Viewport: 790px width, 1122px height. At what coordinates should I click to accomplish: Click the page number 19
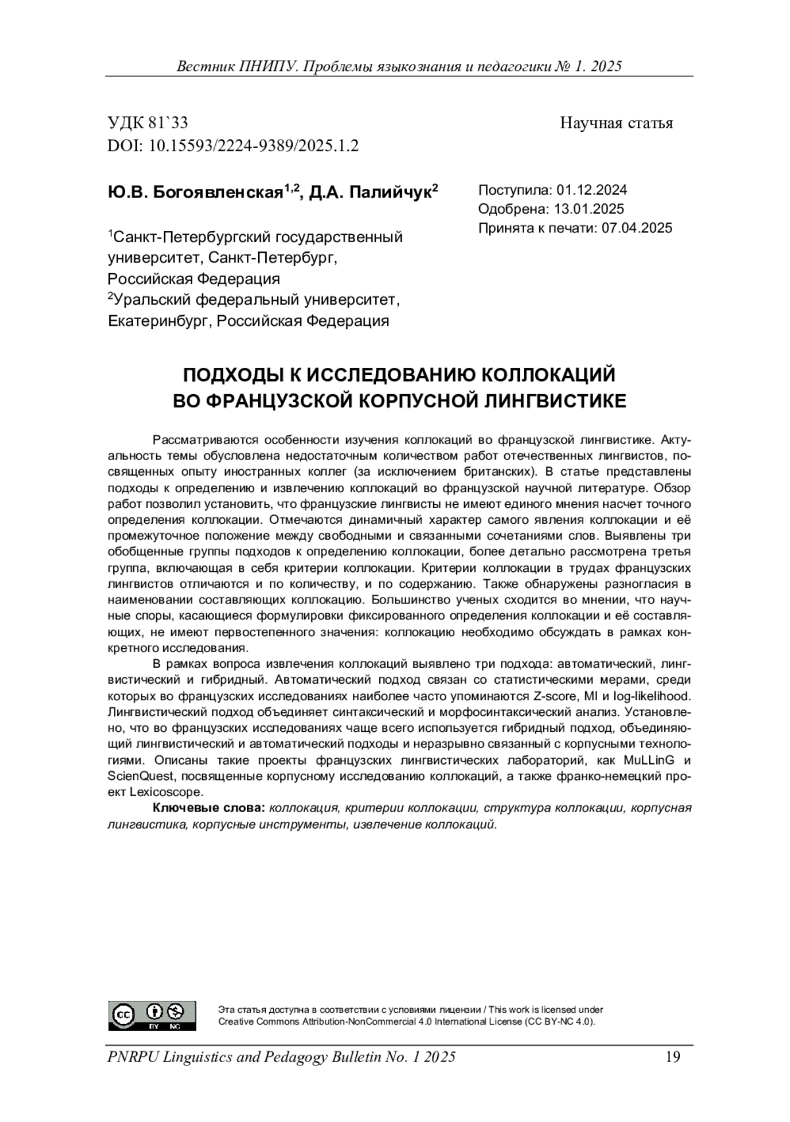point(672,1058)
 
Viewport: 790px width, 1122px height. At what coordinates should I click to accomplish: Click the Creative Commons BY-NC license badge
point(152,1017)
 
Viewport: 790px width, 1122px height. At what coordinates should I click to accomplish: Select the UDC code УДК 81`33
point(148,123)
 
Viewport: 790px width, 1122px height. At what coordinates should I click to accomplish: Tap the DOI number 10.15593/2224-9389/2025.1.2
point(254,145)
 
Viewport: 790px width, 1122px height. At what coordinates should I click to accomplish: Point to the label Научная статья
point(616,123)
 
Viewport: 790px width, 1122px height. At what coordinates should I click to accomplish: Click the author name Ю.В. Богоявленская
point(196,192)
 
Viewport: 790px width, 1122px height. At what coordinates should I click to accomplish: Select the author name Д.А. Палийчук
point(370,192)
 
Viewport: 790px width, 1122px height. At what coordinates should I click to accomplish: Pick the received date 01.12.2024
point(592,190)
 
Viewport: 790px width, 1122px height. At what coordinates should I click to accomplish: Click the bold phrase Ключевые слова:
point(209,808)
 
